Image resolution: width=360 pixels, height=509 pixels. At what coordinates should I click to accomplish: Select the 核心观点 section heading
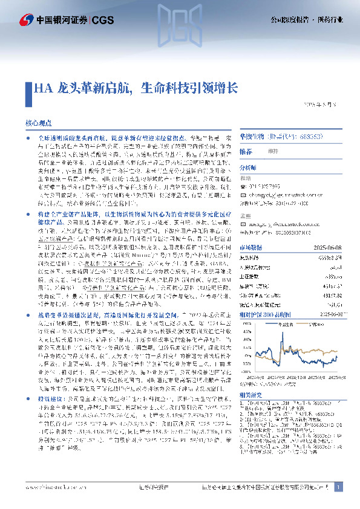38,122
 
